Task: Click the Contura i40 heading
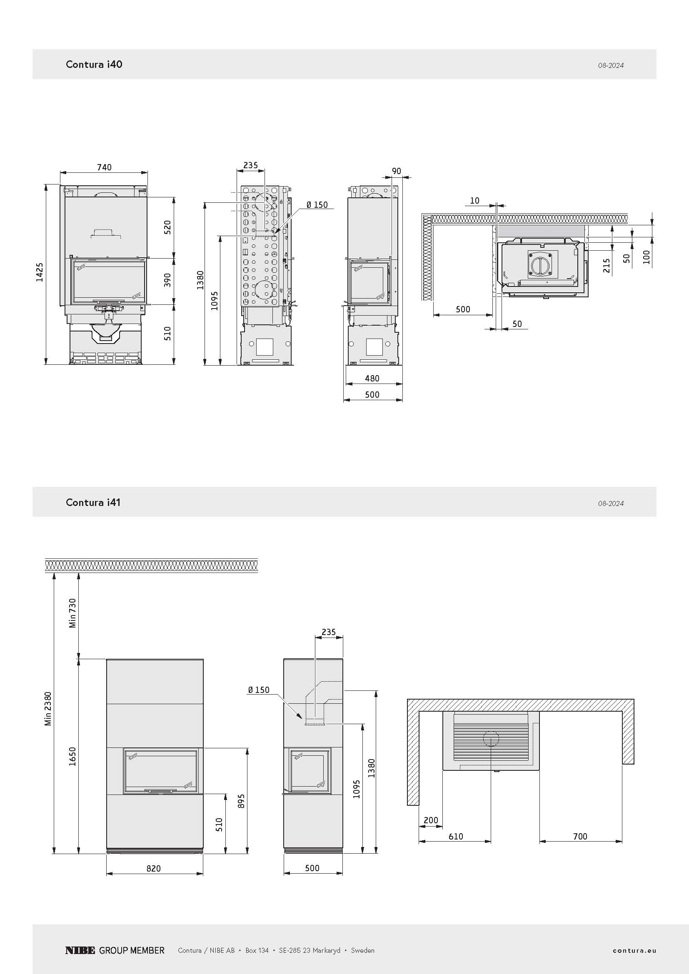click(x=94, y=64)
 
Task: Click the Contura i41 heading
click(x=93, y=502)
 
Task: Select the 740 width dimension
click(x=104, y=167)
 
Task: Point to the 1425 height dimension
click(x=40, y=272)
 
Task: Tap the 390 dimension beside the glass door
click(x=167, y=280)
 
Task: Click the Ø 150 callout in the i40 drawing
click(x=317, y=205)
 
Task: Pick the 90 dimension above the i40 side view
click(x=396, y=171)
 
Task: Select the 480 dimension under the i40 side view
click(x=372, y=379)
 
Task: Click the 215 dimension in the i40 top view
click(x=607, y=266)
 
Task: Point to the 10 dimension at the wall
click(x=475, y=201)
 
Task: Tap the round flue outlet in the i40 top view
click(x=543, y=266)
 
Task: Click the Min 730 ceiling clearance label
click(x=72, y=613)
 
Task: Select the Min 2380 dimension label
click(x=48, y=708)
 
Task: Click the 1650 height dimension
click(x=72, y=756)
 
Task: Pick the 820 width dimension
click(x=154, y=868)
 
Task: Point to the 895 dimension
click(x=242, y=801)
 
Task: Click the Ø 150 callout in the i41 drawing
click(x=259, y=690)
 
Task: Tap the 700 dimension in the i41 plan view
click(x=580, y=836)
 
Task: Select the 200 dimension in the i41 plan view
click(x=431, y=820)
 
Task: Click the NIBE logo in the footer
click(x=80, y=950)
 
